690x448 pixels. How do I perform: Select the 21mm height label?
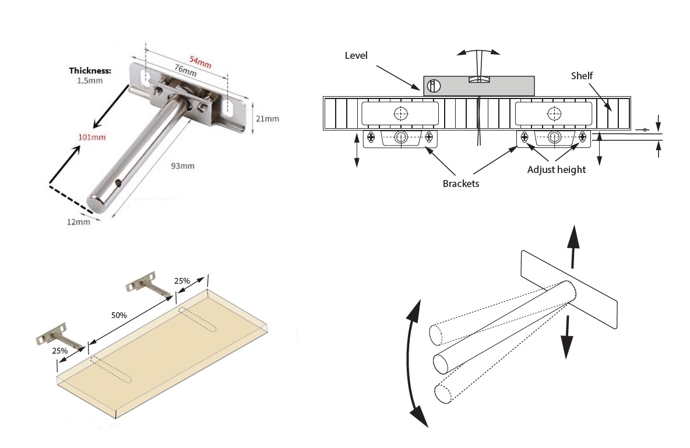point(267,119)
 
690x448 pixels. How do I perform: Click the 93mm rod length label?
point(181,166)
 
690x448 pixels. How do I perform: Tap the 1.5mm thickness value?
point(90,81)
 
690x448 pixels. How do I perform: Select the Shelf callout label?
point(581,76)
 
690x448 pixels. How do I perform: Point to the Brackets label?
point(460,182)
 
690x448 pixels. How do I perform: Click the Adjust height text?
point(556,170)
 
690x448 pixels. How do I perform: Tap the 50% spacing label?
point(119,315)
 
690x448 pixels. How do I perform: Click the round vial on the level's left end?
point(433,86)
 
